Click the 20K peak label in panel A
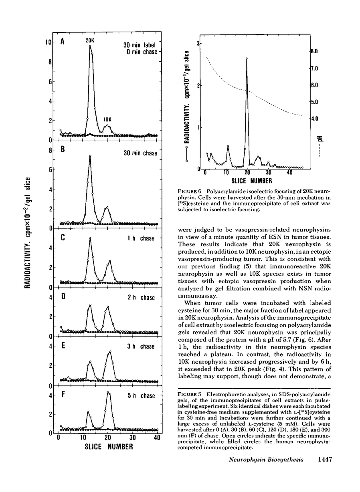click(x=89, y=40)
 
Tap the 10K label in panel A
click(x=107, y=119)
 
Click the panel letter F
click(x=63, y=395)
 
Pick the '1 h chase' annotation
click(x=141, y=238)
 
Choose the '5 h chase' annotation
click(x=141, y=396)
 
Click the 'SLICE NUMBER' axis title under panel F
click(x=108, y=447)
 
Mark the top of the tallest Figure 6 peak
click(x=247, y=58)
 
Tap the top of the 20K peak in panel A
click(x=90, y=46)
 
